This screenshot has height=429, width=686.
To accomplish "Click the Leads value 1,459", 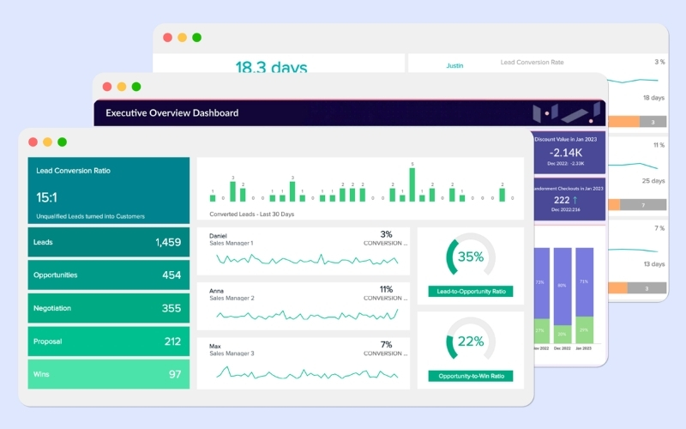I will pos(167,243).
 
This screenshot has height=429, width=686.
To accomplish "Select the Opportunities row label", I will pos(55,275).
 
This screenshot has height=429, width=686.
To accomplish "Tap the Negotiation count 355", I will pos(171,308).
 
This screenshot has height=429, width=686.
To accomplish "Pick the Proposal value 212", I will pos(171,341).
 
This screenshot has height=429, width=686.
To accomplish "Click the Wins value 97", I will pos(174,374).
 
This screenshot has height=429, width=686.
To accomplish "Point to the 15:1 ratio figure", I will pos(46,197).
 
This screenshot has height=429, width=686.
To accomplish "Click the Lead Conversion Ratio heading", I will pos(73,171).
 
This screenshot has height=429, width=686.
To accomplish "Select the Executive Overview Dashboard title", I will pos(171,112).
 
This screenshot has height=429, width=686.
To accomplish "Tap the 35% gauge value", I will pos(470,257).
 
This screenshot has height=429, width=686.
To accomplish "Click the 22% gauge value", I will pos(470,341).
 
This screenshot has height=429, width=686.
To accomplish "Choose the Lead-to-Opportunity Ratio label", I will pos(470,292).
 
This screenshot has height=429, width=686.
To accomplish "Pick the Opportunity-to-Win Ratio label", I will pos(470,376).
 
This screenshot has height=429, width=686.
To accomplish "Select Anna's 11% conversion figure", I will pos(386,290).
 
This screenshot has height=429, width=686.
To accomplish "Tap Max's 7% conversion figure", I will pos(386,345).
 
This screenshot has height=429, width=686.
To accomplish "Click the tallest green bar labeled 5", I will pos(412,184).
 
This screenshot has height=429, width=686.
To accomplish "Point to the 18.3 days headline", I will pos(271,67).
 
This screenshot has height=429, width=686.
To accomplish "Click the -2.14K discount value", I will pos(565,152).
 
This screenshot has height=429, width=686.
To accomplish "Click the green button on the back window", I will pos(196,38).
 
